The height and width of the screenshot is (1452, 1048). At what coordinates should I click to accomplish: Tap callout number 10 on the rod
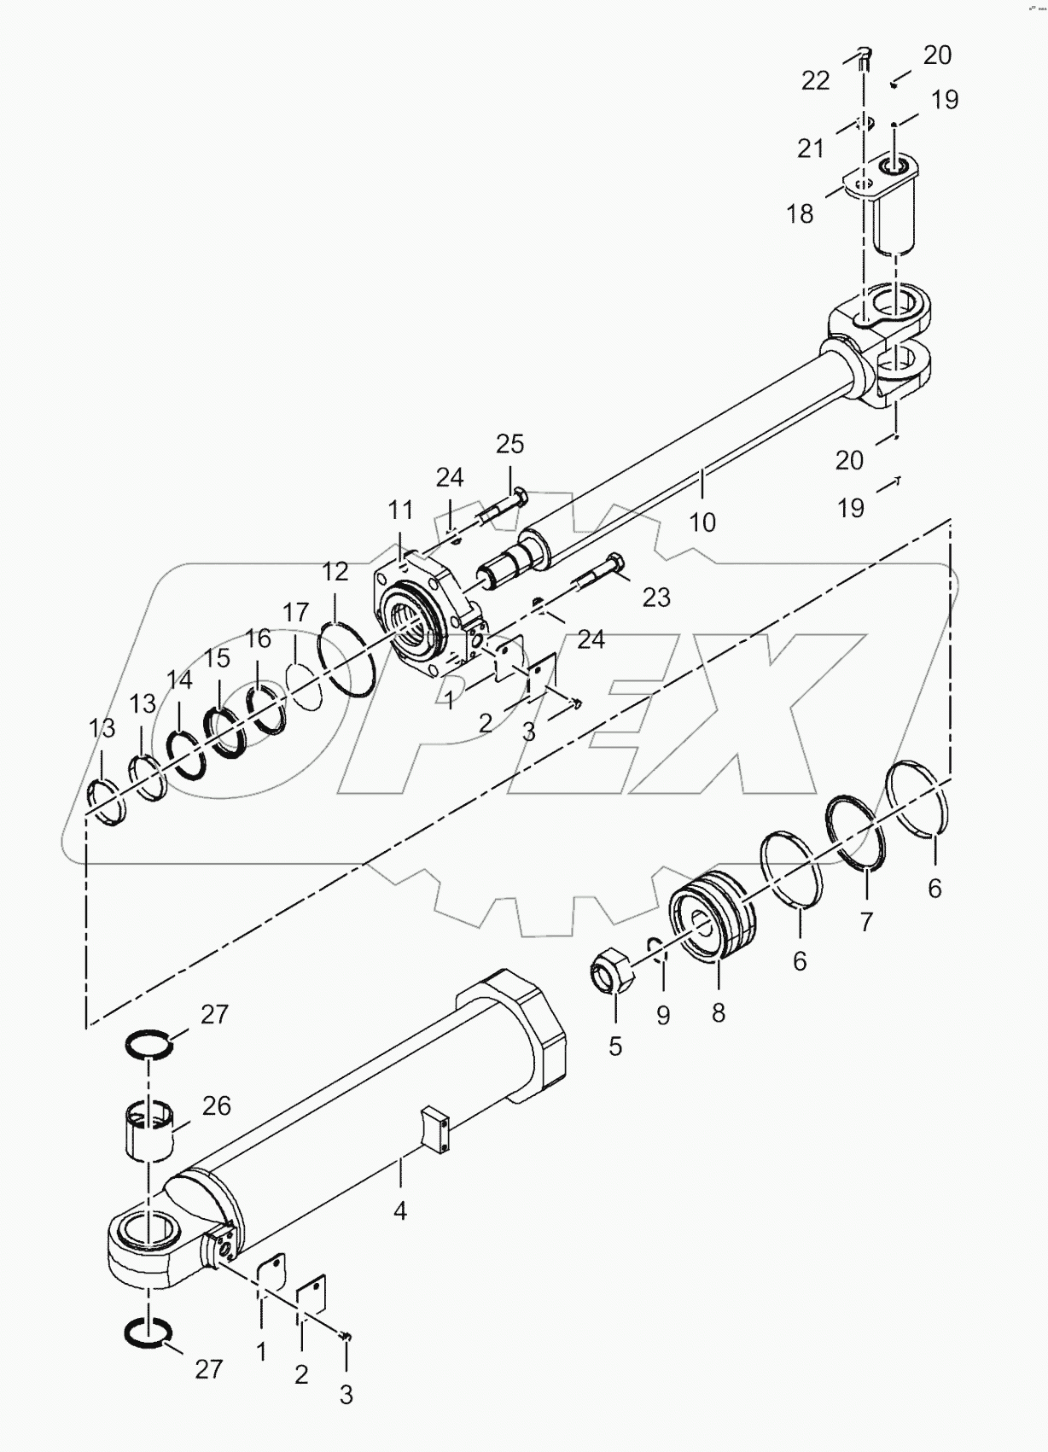pos(702,522)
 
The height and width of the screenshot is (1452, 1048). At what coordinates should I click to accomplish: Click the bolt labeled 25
pos(504,509)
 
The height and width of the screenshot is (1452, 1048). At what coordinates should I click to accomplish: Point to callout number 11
pos(400,510)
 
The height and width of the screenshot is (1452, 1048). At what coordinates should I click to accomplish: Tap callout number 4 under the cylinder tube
pos(399,1210)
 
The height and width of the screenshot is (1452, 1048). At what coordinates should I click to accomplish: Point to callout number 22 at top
pos(815,80)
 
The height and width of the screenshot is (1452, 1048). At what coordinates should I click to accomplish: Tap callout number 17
pos(295,612)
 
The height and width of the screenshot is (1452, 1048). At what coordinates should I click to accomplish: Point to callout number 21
pos(810,148)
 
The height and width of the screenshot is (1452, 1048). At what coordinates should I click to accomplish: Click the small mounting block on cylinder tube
pos(435,1131)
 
